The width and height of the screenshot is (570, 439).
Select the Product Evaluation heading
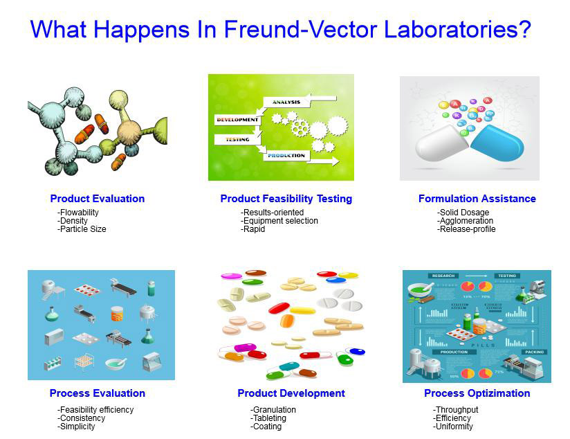[x=98, y=199]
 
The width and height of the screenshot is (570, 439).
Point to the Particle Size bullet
[x=82, y=229]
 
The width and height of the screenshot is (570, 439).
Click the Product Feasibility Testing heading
[x=286, y=199]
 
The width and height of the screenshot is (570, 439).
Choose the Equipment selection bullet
[x=279, y=221]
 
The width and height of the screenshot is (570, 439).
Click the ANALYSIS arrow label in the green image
[x=286, y=102]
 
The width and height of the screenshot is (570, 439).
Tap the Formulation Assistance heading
[x=477, y=199]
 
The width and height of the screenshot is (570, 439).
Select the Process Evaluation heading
[x=98, y=393]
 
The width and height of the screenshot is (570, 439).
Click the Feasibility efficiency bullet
[x=95, y=410]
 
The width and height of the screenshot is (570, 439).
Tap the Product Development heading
[x=291, y=393]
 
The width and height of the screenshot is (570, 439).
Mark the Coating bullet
[x=266, y=427]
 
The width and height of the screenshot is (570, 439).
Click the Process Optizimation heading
[x=477, y=393]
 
